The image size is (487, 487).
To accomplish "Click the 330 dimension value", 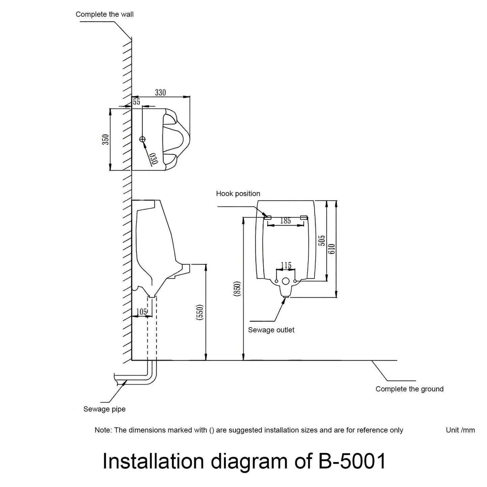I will point(160,92).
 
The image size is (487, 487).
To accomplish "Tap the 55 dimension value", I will point(136,102).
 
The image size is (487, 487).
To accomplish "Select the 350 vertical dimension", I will point(105,140).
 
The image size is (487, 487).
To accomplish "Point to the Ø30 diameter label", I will point(153,158).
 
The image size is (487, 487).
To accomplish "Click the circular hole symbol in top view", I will point(143,139).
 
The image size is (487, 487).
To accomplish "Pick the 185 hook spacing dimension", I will point(285,221).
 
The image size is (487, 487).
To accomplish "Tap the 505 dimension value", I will point(322,241).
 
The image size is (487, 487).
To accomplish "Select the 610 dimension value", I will point(332,249).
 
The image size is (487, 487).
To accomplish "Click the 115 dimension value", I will point(286,266).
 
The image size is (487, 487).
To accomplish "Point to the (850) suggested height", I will point(237,289).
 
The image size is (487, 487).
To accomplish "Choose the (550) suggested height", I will point(200,312).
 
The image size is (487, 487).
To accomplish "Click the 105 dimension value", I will point(142,312).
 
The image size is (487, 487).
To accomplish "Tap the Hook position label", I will point(238,193).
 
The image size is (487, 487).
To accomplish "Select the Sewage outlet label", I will point(271,330).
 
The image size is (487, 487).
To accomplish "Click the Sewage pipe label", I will point(104,409).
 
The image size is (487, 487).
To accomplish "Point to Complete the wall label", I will point(104,14).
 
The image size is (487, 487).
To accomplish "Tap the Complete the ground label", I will point(409,389).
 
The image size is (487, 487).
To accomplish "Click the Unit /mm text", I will point(460,430).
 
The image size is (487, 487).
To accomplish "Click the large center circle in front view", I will point(286,281).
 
